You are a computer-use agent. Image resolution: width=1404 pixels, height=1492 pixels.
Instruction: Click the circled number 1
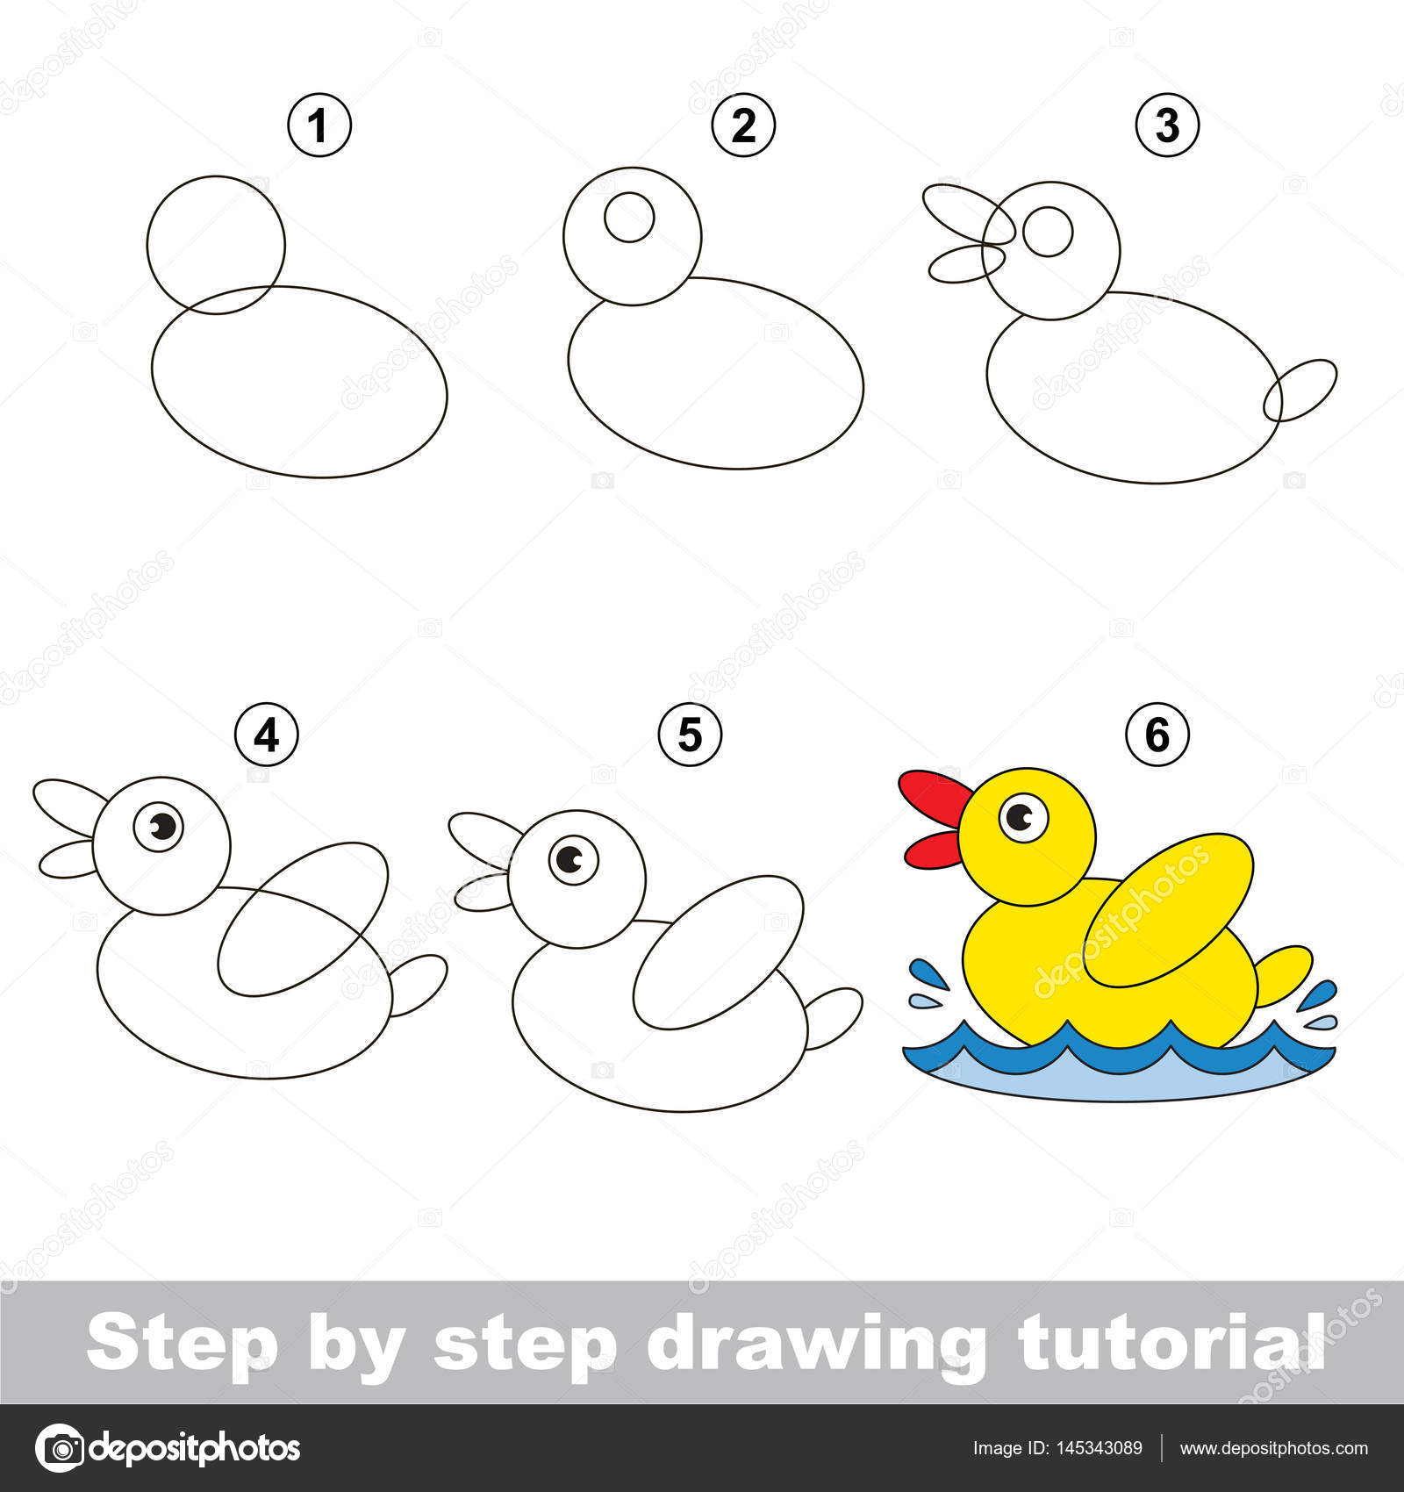(x=319, y=125)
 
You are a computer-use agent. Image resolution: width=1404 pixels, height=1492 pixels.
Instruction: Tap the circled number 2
(x=743, y=125)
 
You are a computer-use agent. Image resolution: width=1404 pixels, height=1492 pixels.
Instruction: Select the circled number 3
(x=1167, y=125)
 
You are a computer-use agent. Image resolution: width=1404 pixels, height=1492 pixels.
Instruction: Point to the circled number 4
(x=267, y=734)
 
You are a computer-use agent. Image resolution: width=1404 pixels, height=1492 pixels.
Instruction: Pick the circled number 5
(x=691, y=734)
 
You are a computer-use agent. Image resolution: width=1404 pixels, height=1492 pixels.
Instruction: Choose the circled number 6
(x=1157, y=734)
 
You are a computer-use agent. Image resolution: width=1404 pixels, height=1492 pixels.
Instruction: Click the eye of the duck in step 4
(x=159, y=826)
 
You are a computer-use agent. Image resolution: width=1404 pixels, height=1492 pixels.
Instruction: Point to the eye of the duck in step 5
(x=574, y=859)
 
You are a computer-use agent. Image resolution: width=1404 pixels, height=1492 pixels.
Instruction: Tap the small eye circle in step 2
(x=629, y=218)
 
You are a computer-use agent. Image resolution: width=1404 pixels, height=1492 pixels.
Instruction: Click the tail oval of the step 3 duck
(x=1300, y=390)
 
